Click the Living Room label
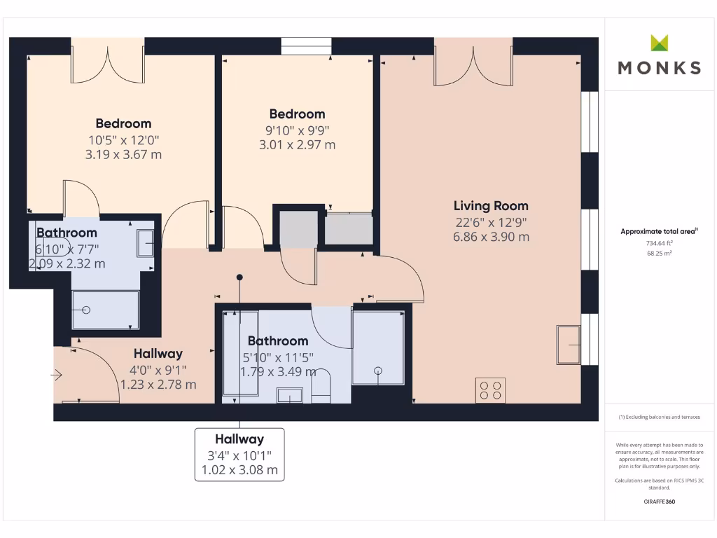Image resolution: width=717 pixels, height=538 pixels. pyautogui.click(x=491, y=206)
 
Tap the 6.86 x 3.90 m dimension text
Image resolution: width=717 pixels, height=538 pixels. pyautogui.click(x=491, y=237)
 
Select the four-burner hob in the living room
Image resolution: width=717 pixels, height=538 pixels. pyautogui.click(x=490, y=390)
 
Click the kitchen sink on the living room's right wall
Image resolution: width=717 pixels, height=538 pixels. pyautogui.click(x=568, y=345)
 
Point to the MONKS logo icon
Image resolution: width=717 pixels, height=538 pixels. pyautogui.click(x=660, y=43)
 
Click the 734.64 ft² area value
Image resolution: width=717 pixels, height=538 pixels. pyautogui.click(x=659, y=243)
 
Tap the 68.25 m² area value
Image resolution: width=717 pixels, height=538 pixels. pyautogui.click(x=659, y=253)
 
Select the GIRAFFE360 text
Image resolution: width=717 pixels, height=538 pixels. pyautogui.click(x=659, y=502)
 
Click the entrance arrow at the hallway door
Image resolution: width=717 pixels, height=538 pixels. pyautogui.click(x=57, y=375)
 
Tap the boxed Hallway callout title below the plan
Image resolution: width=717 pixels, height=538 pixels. pyautogui.click(x=239, y=439)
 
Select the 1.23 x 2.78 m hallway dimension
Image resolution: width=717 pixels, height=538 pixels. pyautogui.click(x=158, y=385)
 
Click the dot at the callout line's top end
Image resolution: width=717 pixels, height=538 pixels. pyautogui.click(x=240, y=277)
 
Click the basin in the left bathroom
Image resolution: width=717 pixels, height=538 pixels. pyautogui.click(x=146, y=242)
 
